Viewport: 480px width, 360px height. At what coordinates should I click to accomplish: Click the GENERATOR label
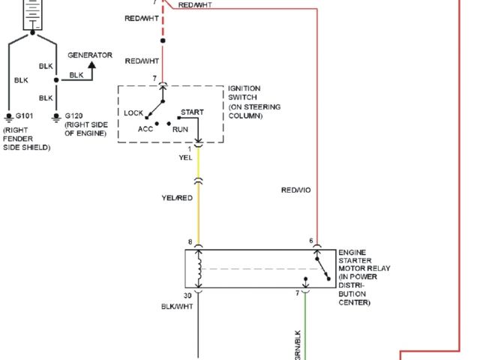pos(89,55)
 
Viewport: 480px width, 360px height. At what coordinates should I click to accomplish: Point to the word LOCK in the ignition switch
pos(133,112)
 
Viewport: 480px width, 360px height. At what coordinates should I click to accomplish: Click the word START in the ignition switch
pos(192,112)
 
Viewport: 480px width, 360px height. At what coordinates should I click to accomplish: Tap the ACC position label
pos(145,129)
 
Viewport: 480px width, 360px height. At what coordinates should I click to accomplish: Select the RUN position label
pos(180,129)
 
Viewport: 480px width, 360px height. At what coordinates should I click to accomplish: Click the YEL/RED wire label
pos(178,198)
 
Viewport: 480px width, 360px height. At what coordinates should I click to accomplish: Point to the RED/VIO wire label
pos(295,190)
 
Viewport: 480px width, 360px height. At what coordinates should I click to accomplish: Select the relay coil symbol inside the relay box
pos(199,270)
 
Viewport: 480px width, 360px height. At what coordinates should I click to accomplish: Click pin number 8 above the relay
pos(190,242)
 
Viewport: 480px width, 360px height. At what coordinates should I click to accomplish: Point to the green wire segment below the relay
pos(305,330)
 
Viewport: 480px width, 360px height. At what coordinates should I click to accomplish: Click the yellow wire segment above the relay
pos(199,217)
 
